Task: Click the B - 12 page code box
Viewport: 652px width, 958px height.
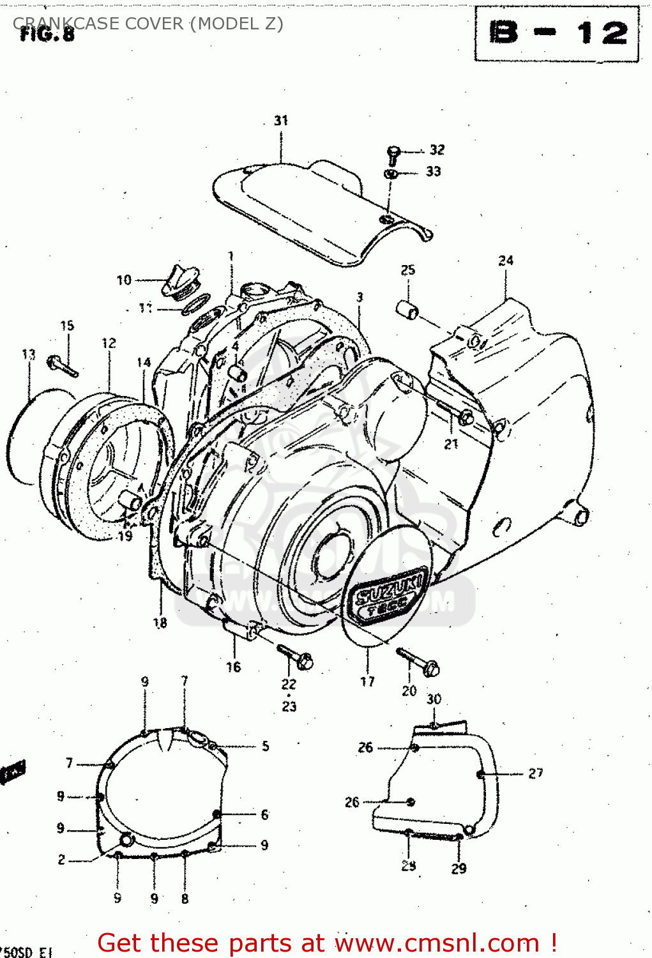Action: pos(557,33)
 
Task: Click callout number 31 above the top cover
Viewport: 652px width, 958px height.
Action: pos(281,121)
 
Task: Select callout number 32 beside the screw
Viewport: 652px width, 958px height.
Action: pos(437,150)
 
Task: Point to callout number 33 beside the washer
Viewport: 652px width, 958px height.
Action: pos(434,172)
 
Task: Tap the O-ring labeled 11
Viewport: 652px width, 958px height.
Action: pos(197,305)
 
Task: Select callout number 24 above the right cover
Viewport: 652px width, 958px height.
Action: pos(506,261)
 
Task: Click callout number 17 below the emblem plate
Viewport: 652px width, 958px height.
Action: pos(367,682)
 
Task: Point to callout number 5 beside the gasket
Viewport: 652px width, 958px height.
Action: pos(265,746)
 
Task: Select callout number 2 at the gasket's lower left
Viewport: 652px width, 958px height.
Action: pos(62,860)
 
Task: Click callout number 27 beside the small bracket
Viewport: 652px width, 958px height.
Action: pos(535,773)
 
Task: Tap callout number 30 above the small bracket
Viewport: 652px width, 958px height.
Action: pos(434,699)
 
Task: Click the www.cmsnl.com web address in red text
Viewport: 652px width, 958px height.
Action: pos(437,943)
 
